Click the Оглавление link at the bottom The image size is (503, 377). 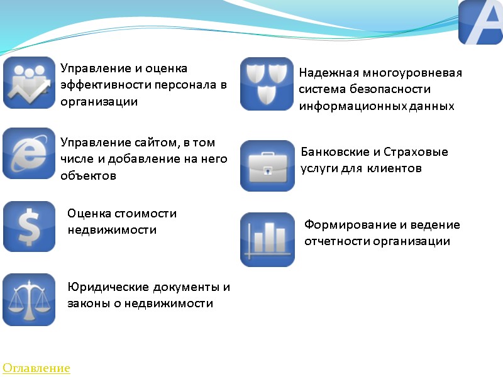click(x=36, y=368)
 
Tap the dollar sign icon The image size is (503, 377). click(x=29, y=226)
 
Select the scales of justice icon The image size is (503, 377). click(x=29, y=299)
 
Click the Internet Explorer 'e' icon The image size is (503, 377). click(x=29, y=153)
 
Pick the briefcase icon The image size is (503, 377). click(x=267, y=166)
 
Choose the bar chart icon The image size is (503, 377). click(x=267, y=239)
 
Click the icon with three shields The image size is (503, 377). click(x=267, y=84)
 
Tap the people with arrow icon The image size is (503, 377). click(x=29, y=83)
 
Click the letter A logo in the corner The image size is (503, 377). click(x=480, y=23)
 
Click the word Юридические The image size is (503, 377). click(x=108, y=287)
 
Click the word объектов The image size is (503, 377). click(x=89, y=176)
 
